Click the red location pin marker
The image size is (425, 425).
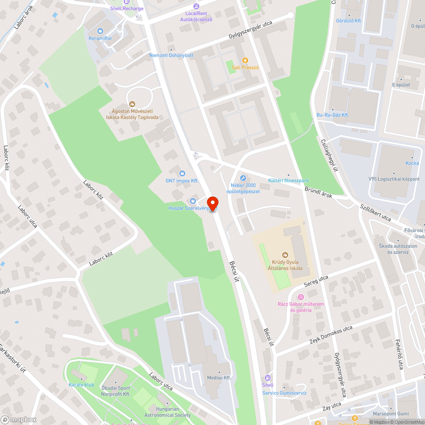point(212,204)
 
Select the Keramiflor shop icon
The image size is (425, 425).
point(100,31)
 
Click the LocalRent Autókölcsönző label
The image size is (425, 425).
point(196,17)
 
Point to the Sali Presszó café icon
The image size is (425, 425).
point(245,60)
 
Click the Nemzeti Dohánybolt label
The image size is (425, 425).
point(171,55)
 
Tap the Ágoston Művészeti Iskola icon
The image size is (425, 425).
point(132,104)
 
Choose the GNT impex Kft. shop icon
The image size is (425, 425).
point(182,173)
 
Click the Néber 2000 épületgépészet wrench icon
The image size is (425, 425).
point(243,178)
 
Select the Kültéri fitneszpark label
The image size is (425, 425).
point(288,181)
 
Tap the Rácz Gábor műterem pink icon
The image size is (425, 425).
point(301,297)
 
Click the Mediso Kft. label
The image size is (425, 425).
point(218,377)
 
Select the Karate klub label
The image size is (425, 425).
point(81,385)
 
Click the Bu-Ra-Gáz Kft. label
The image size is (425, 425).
point(333,115)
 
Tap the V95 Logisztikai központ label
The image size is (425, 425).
point(394,179)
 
